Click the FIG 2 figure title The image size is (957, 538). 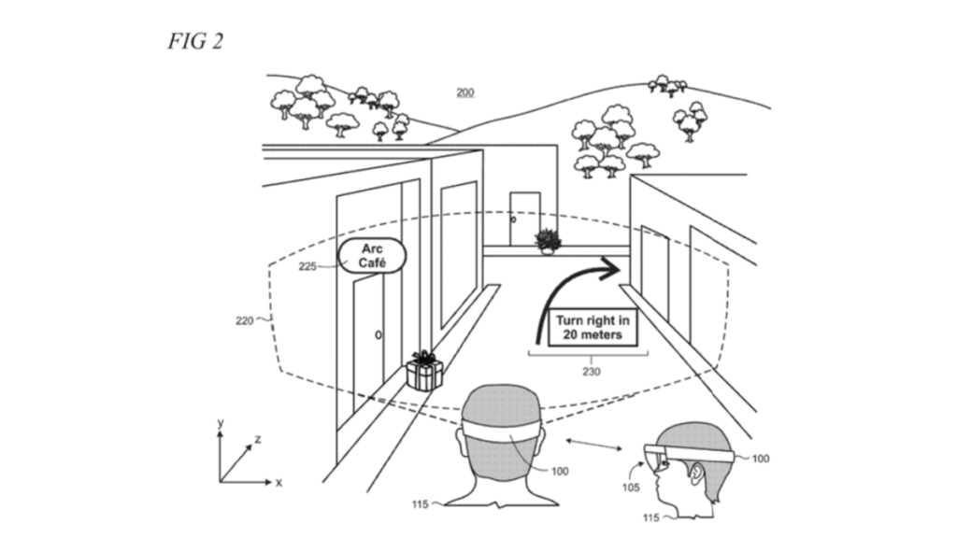click(195, 41)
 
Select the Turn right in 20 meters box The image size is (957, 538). click(592, 327)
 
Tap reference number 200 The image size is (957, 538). click(464, 92)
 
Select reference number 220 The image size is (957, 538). click(246, 319)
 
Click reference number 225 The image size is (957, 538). click(308, 266)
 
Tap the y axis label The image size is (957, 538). click(221, 423)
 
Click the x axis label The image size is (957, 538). click(279, 482)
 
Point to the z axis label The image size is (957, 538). click(256, 438)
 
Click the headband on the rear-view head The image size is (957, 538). click(504, 434)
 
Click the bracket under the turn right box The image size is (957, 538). click(588, 354)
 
